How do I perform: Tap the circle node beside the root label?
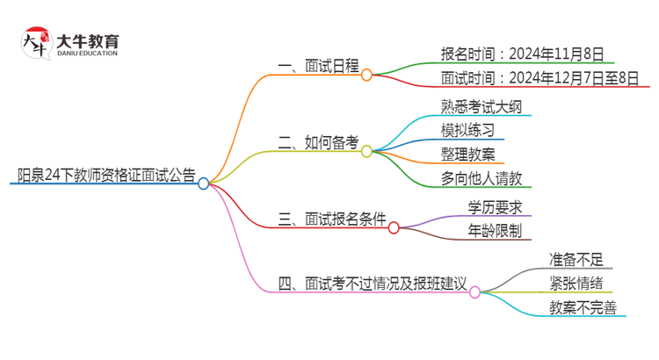203,184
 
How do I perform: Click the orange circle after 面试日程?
366,75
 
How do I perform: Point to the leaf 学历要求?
496,208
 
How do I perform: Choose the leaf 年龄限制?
496,232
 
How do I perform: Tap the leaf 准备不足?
576,259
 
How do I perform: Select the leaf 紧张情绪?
576,283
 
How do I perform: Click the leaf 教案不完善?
583,307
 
